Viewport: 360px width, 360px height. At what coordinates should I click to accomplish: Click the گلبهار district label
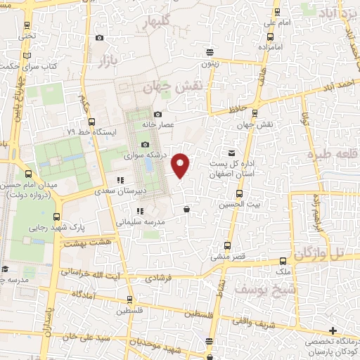click(157, 24)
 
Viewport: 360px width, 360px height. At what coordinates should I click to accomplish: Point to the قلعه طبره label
click(333, 154)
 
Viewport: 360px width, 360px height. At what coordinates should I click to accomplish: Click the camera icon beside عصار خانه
click(157, 114)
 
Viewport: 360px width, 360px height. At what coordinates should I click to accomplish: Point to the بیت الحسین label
click(240, 203)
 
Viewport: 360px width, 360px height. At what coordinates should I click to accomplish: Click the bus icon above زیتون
click(209, 52)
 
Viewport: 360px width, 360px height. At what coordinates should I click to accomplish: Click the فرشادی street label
click(159, 278)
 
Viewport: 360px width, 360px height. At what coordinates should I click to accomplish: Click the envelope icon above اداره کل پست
click(232, 153)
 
